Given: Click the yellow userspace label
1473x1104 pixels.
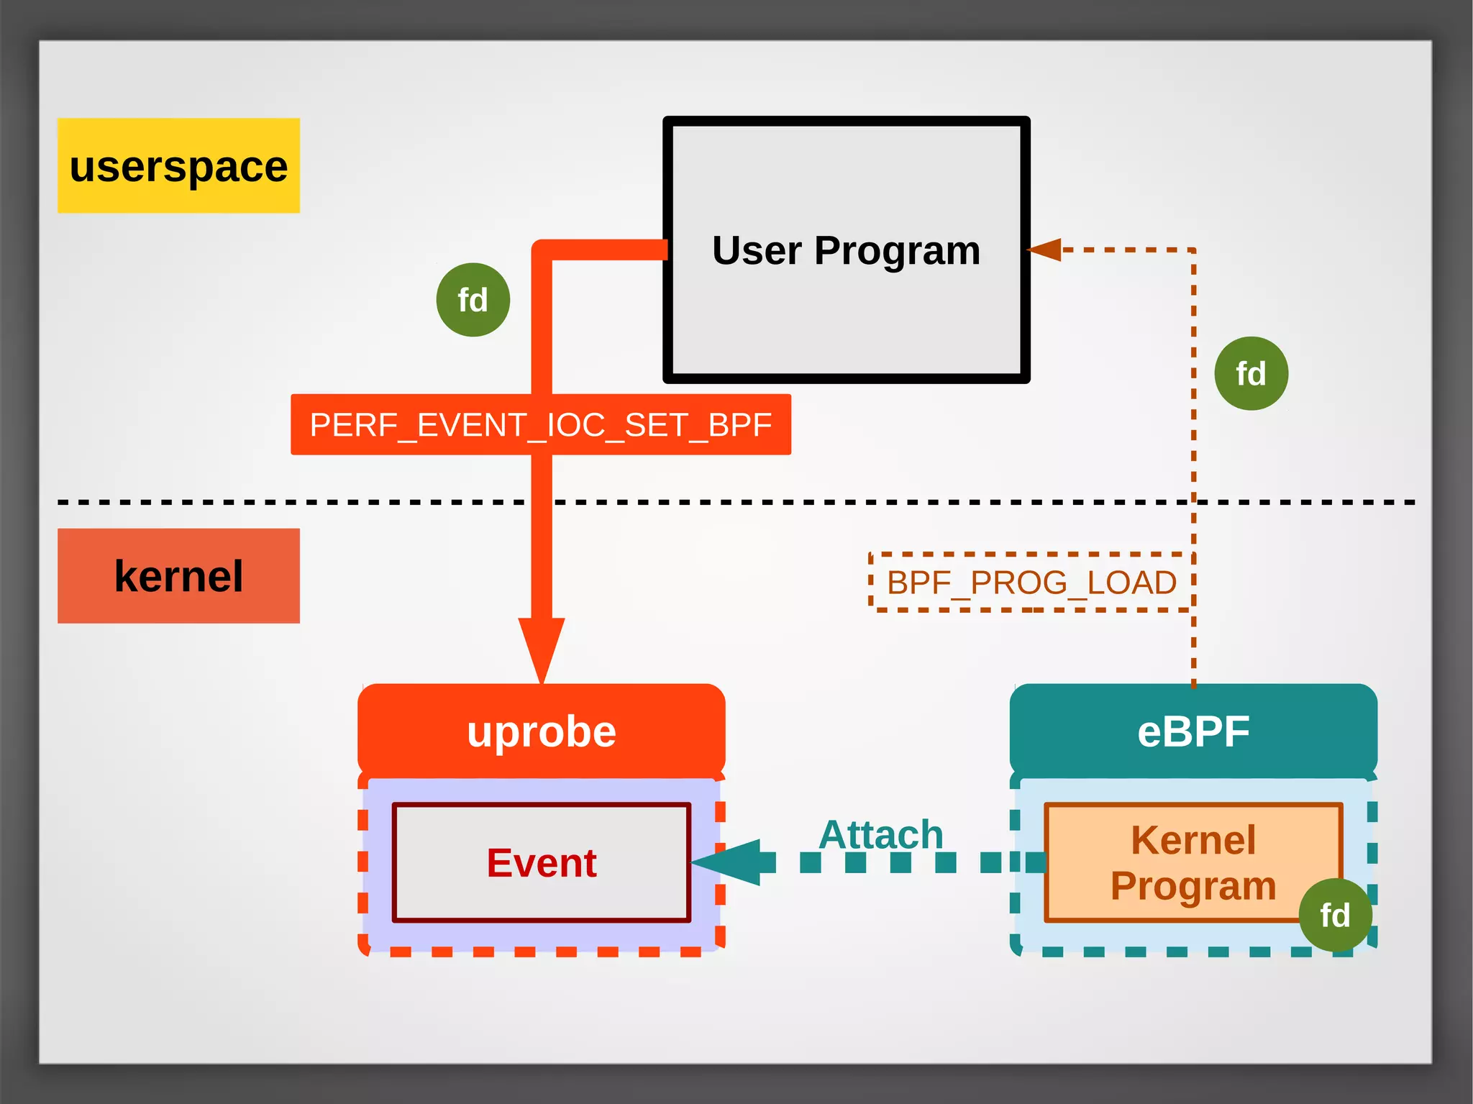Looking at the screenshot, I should pyautogui.click(x=178, y=165).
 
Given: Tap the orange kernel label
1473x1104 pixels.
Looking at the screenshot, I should pyautogui.click(x=178, y=576).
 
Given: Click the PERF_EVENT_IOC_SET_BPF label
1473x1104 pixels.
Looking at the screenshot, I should pyautogui.click(x=540, y=424).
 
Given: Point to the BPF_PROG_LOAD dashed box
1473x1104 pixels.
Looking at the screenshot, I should pyautogui.click(x=1031, y=582).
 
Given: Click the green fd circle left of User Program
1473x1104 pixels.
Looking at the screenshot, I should pyautogui.click(x=473, y=300).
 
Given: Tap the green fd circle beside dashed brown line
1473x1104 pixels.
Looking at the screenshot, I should pyautogui.click(x=1251, y=374).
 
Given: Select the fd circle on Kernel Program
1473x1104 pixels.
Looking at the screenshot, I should pyautogui.click(x=1335, y=916).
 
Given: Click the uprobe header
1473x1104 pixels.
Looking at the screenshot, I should pyautogui.click(x=541, y=731).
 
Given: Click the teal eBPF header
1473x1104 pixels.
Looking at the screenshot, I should pyautogui.click(x=1193, y=731).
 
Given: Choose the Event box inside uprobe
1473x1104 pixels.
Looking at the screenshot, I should pyautogui.click(x=541, y=862).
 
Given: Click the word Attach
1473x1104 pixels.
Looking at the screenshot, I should pyautogui.click(x=880, y=834).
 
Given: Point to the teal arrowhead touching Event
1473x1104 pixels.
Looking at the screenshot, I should pyautogui.click(x=726, y=862).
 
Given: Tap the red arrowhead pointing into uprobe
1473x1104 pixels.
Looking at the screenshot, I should pyautogui.click(x=541, y=647).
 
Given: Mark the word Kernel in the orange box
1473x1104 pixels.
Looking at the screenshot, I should pyautogui.click(x=1192, y=839).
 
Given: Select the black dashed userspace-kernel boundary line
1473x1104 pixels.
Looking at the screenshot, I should pyautogui.click(x=288, y=502).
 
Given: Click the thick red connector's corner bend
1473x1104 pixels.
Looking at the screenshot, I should pyautogui.click(x=542, y=250).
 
